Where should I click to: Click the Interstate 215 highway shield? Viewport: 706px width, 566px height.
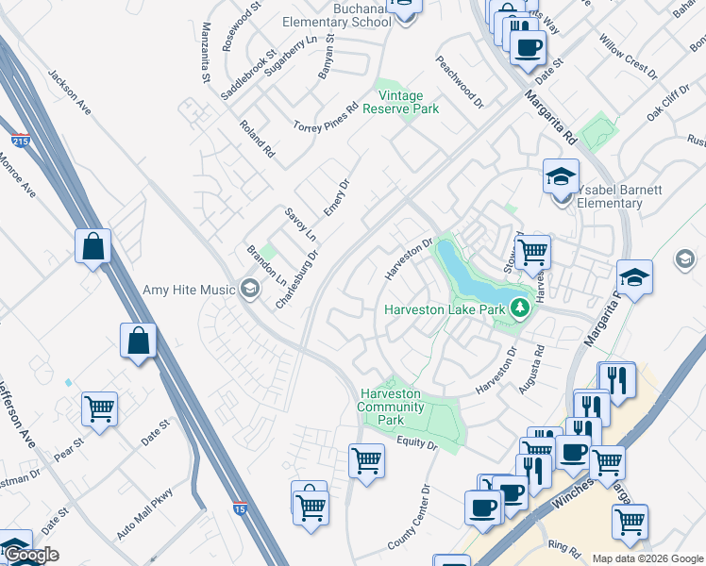point(20,141)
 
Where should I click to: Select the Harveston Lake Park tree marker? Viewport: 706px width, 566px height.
point(518,308)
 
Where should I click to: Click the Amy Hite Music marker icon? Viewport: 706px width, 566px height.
point(250,289)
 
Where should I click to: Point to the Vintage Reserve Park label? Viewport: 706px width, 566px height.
point(408,102)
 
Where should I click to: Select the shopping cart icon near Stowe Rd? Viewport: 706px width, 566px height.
point(533,251)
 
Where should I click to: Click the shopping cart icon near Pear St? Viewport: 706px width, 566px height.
point(99,408)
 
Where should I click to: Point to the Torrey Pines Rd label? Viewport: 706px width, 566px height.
point(327,116)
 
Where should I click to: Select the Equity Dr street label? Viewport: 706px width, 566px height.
point(418,442)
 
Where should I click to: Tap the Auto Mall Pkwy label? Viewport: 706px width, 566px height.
point(145,512)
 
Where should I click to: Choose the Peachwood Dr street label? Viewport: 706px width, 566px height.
point(460,80)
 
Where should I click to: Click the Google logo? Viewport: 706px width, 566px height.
point(30,555)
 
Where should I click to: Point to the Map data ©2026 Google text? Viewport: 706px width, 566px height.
point(647,558)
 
